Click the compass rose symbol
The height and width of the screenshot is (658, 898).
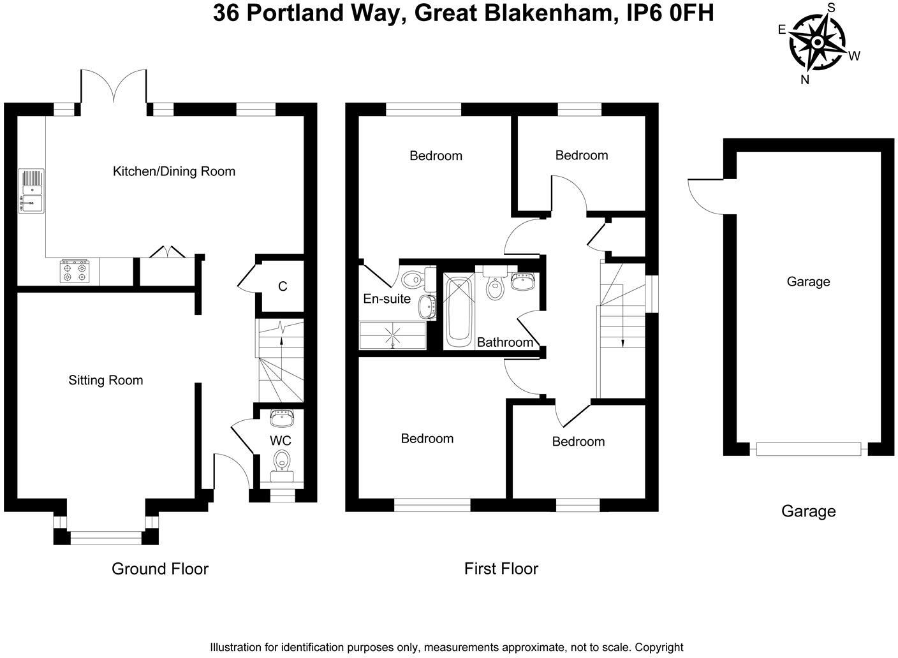tap(817, 42)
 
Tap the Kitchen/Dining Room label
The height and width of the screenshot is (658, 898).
tap(174, 171)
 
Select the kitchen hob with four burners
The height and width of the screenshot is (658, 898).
tap(75, 271)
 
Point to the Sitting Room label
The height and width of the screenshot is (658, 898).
tap(106, 380)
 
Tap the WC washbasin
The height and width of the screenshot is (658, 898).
tap(281, 418)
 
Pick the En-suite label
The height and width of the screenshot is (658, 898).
tap(386, 298)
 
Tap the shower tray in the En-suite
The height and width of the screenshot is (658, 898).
tap(392, 335)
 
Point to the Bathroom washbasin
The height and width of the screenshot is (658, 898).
tap(524, 281)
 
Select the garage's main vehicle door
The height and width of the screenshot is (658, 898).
tap(808, 449)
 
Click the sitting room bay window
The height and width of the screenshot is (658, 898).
tap(106, 537)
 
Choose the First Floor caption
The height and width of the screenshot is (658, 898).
tap(501, 568)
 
